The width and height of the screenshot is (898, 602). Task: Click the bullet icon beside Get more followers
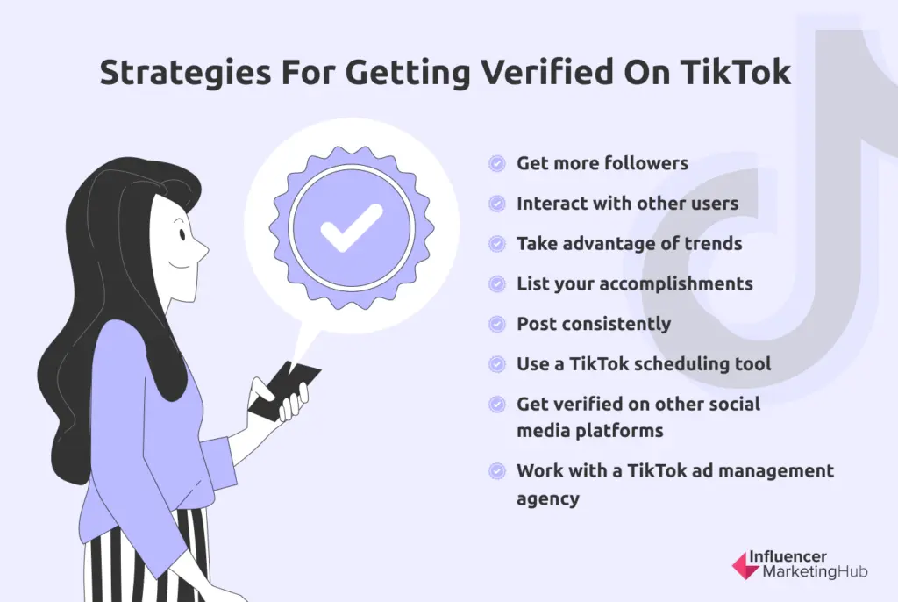(x=497, y=163)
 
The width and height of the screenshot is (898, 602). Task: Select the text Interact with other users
(x=627, y=204)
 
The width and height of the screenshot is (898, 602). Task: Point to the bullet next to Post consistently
(x=497, y=324)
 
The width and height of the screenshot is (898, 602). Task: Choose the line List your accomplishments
(x=634, y=283)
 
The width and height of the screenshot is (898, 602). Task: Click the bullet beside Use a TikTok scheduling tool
(x=497, y=363)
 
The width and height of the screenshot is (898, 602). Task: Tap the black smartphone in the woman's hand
(x=282, y=389)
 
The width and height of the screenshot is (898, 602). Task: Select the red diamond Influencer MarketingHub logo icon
(x=745, y=564)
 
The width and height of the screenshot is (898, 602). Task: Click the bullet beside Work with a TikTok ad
(x=497, y=470)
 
